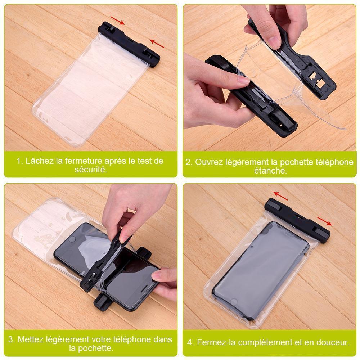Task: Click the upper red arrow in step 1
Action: click(x=117, y=20)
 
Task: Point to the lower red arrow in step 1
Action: click(x=157, y=44)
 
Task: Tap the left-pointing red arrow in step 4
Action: click(x=280, y=196)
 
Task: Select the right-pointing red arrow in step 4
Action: click(x=325, y=221)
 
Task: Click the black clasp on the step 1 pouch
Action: click(x=129, y=44)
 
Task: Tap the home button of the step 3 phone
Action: click(x=72, y=239)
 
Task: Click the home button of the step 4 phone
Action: click(x=234, y=301)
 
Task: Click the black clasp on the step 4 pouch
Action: click(x=297, y=220)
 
